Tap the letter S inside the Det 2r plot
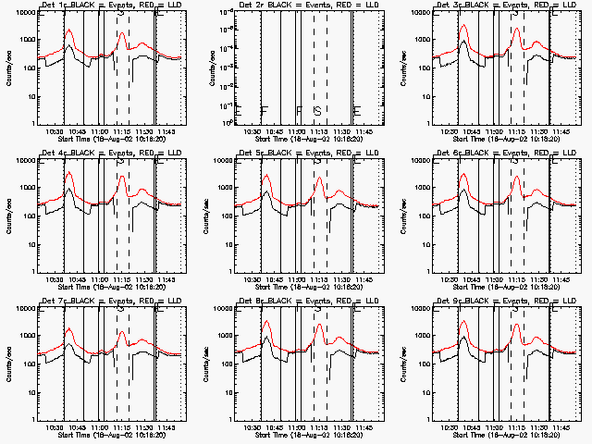pyautogui.click(x=317, y=111)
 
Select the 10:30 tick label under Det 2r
pyautogui.click(x=252, y=131)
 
